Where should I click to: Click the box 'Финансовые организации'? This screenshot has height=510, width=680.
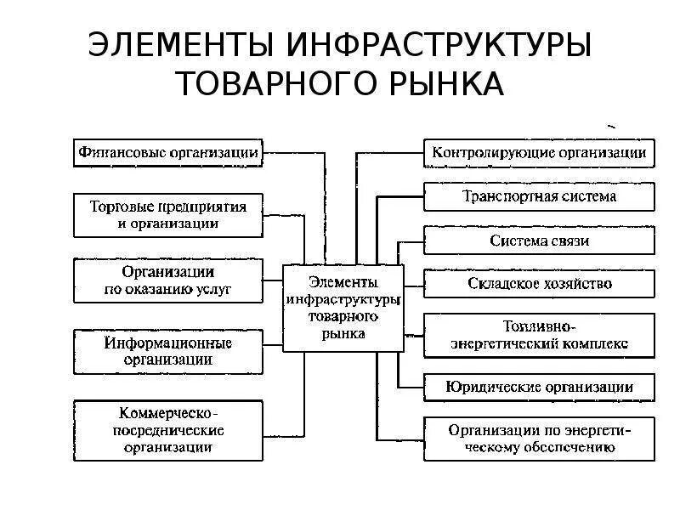(168, 154)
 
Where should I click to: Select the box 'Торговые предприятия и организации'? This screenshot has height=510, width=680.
(168, 216)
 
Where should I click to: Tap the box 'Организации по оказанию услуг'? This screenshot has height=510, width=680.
(168, 280)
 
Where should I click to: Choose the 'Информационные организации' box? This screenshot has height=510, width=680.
(168, 350)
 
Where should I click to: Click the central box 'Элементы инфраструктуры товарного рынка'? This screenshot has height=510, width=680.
(343, 307)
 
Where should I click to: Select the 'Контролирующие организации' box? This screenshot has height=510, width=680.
(539, 154)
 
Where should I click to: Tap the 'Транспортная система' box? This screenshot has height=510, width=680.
(539, 196)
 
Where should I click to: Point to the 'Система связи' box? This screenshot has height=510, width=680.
(539, 241)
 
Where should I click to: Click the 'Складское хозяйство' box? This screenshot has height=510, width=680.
(539, 283)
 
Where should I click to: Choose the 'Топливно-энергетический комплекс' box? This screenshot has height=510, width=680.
(539, 335)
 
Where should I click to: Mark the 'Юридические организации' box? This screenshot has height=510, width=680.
(539, 387)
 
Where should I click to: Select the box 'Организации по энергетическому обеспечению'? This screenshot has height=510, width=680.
(539, 438)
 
